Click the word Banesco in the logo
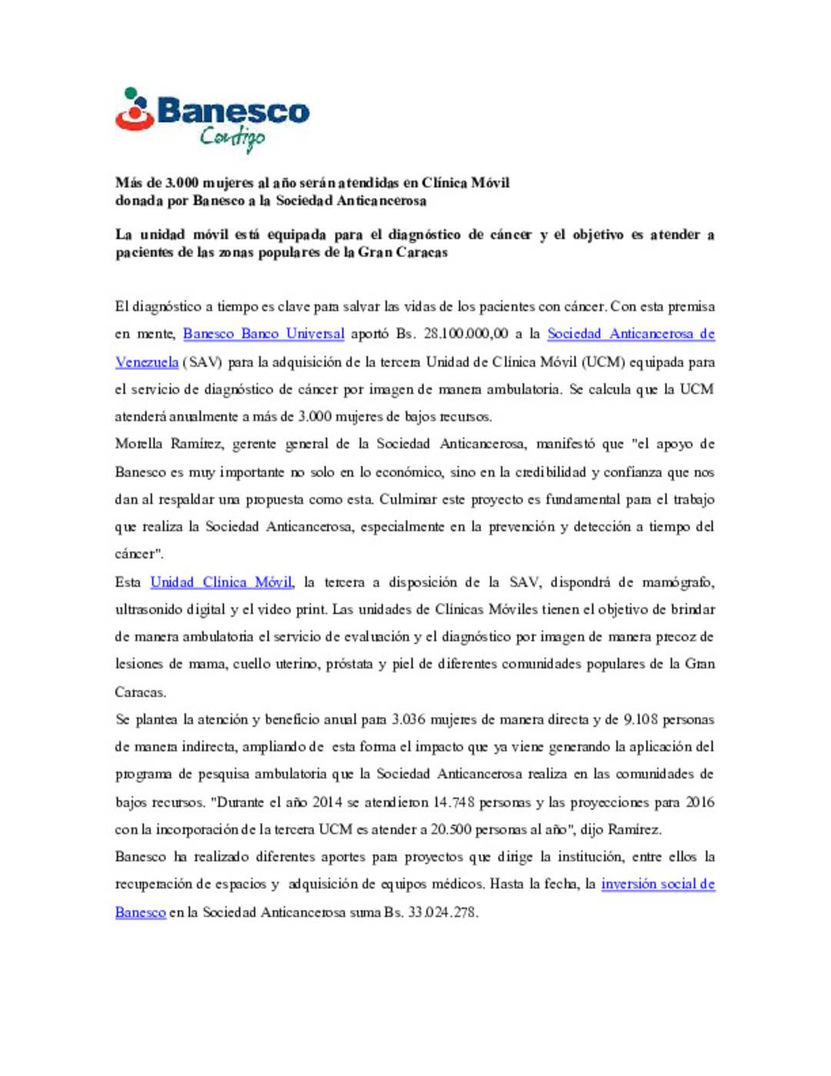click(x=233, y=112)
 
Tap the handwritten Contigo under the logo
click(x=232, y=138)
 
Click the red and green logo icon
click(x=135, y=109)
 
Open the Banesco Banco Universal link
click(x=263, y=334)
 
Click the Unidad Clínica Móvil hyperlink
click(x=221, y=583)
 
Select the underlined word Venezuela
click(x=146, y=362)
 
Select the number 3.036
click(x=408, y=720)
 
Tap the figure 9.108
click(x=640, y=720)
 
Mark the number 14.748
click(x=452, y=802)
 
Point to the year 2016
click(x=699, y=802)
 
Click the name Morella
click(x=138, y=444)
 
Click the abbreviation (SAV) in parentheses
click(x=202, y=362)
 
